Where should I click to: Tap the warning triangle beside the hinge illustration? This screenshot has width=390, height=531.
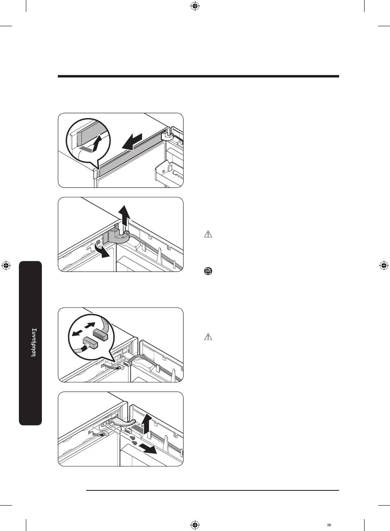click(x=208, y=235)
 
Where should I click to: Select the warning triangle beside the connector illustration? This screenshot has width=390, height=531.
click(x=208, y=337)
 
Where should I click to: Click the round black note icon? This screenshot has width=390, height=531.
click(x=208, y=271)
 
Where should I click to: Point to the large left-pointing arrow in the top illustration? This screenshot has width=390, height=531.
click(x=132, y=142)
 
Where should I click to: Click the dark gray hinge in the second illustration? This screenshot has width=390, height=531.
click(x=117, y=238)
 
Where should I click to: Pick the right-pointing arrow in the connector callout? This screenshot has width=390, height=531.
click(x=90, y=325)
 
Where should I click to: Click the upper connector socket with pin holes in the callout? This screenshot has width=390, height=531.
click(x=100, y=333)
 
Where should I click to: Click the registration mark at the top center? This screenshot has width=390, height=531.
click(x=195, y=7)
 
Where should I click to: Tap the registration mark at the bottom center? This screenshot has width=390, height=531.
click(x=195, y=524)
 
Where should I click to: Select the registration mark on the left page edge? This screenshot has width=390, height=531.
click(x=6, y=266)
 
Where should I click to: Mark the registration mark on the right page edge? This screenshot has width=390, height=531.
click(x=384, y=266)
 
